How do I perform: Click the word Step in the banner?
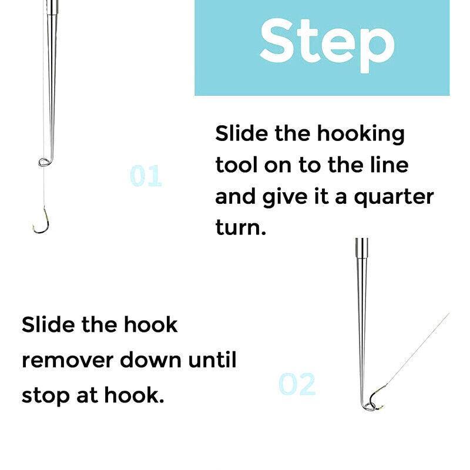327,41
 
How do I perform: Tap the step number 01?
145,176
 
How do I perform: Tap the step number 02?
297,384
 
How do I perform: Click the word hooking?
361,134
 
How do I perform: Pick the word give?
290,196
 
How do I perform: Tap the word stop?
45,395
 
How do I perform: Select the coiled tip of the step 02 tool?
367,404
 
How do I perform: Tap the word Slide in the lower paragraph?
47,324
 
